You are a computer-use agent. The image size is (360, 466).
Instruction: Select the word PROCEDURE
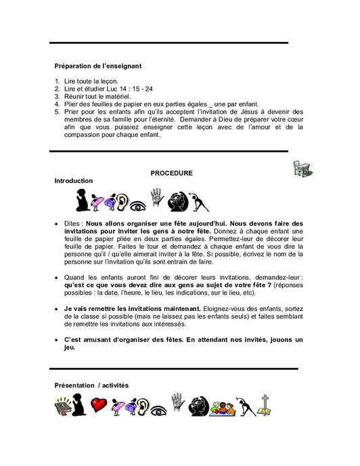click(x=171, y=173)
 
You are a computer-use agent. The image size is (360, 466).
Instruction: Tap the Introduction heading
click(x=74, y=183)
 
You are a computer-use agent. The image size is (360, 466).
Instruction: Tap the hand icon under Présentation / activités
click(x=178, y=404)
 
